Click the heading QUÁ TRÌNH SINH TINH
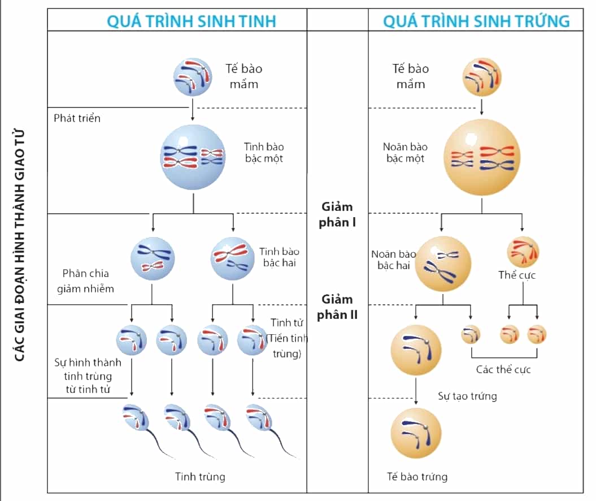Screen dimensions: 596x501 [191, 21]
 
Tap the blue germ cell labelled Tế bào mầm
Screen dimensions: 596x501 [193, 77]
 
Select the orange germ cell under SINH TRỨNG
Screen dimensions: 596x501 [481, 77]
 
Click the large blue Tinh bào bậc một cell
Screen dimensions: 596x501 [193, 157]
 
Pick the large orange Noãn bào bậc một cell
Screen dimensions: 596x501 [481, 157]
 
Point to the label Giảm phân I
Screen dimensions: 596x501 [337, 214]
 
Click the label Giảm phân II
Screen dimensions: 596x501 [337, 307]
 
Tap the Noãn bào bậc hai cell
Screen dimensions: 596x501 [443, 264]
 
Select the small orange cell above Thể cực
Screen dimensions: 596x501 [523, 252]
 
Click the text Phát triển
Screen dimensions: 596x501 [77, 118]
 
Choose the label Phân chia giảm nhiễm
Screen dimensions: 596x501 [85, 280]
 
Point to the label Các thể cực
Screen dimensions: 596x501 [503, 369]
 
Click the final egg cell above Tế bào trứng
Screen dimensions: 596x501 [416, 433]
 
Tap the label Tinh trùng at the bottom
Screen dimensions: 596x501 [200, 477]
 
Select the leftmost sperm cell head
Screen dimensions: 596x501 [136, 417]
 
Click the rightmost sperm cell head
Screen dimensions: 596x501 [259, 417]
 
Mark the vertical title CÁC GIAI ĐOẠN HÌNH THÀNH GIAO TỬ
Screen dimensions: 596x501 [19, 245]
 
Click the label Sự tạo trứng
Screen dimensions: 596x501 [467, 396]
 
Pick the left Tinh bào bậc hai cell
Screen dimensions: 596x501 [153, 258]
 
